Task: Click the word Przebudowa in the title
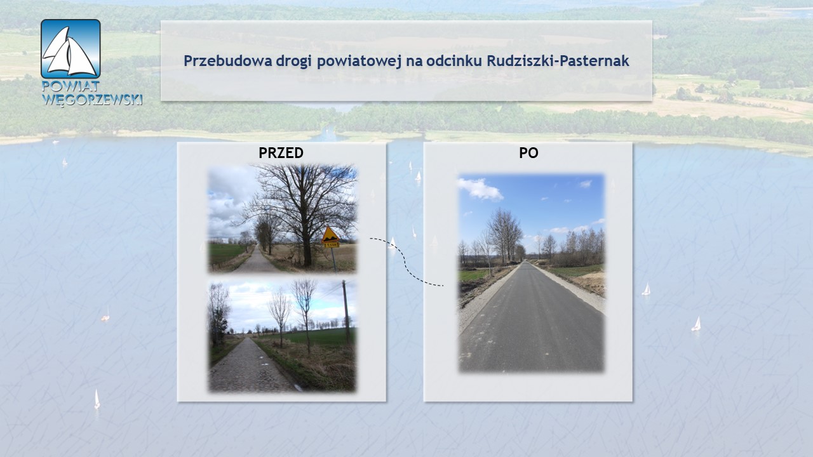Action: click(227, 61)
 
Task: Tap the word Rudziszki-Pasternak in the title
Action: click(558, 61)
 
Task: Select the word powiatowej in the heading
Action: click(359, 61)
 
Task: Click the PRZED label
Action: click(281, 153)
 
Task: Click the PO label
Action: click(528, 153)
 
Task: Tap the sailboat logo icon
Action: click(71, 49)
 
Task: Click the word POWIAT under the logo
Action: click(71, 86)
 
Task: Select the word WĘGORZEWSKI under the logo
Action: click(92, 100)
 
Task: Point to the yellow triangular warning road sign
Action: click(330, 235)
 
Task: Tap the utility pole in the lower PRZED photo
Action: click(346, 312)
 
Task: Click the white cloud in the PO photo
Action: click(480, 189)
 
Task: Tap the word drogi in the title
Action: click(293, 62)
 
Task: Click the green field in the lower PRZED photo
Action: click(316, 336)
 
